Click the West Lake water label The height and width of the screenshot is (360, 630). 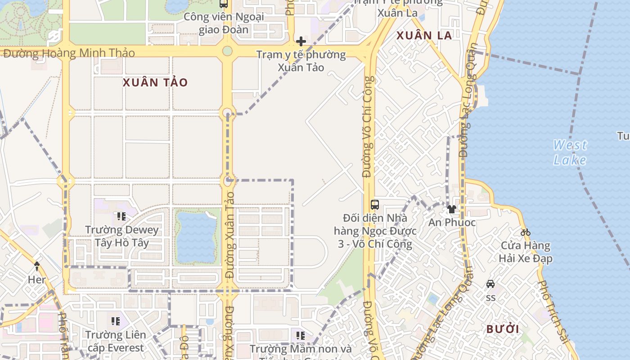[570, 152]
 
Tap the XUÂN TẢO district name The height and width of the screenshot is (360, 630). [155, 82]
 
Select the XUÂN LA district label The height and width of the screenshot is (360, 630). [424, 36]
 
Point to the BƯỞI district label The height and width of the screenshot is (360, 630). [503, 329]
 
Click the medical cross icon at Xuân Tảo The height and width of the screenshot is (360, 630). [301, 42]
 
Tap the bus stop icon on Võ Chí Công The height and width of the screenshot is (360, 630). [374, 204]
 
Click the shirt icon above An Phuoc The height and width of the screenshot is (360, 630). [451, 209]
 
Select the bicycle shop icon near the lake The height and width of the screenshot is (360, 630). [526, 233]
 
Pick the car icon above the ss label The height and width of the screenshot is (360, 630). [490, 284]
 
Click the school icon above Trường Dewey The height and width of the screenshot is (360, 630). [121, 216]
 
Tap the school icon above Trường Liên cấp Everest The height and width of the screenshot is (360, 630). [116, 321]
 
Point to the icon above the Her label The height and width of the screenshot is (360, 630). [37, 266]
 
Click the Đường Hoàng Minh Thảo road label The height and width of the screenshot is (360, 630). [69, 53]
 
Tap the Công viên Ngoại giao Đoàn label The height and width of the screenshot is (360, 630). [224, 23]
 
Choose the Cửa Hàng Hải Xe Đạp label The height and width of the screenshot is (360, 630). [526, 252]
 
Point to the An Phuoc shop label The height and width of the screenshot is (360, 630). [452, 222]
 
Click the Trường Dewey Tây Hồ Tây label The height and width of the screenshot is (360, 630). [122, 237]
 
